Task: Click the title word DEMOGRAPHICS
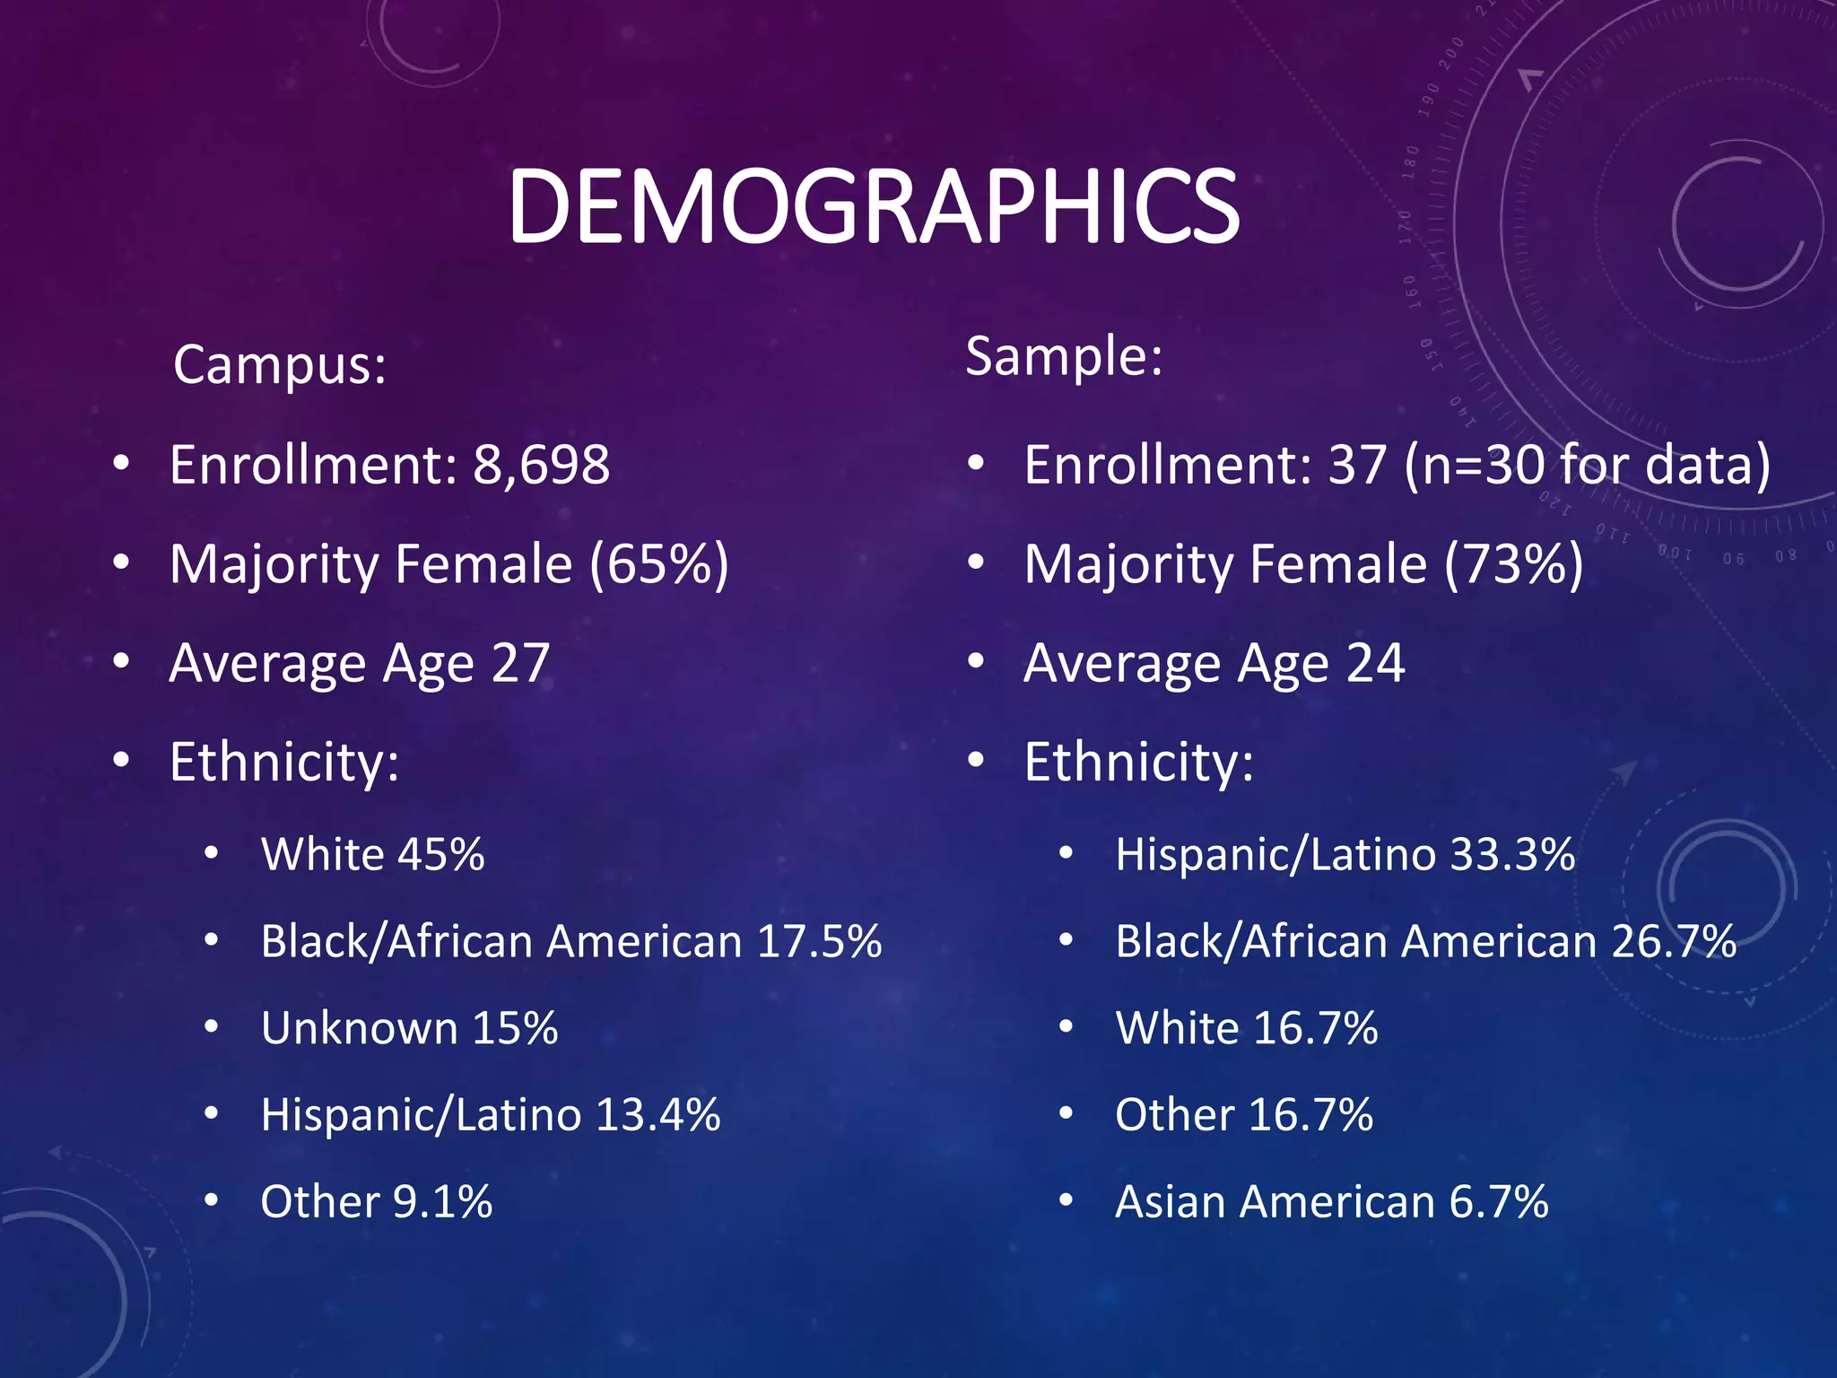coord(873,208)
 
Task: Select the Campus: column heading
coord(279,365)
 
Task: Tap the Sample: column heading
coord(1064,356)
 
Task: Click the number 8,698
coord(541,465)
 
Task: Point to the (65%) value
coord(659,564)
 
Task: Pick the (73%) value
coord(1514,564)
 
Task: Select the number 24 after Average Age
coord(1375,663)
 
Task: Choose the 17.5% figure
coord(819,941)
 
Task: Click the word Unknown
coord(359,1028)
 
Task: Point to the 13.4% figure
coord(657,1115)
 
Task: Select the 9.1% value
coord(443,1202)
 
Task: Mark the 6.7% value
coord(1499,1202)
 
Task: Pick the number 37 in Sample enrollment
coord(1357,465)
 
